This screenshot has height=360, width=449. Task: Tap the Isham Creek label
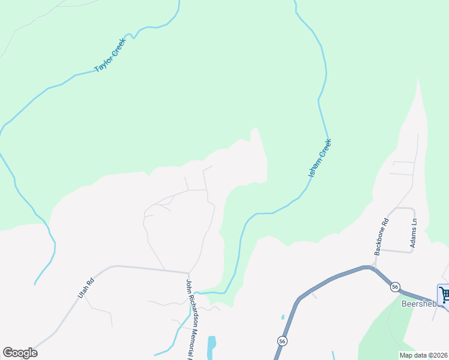320,158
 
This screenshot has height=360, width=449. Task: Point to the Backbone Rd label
381,236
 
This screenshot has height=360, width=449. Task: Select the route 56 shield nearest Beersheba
394,287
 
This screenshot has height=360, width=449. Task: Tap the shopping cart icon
444,295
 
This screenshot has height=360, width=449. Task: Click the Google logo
20,352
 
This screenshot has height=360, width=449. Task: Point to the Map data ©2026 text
423,355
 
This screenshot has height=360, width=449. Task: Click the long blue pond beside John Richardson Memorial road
211,347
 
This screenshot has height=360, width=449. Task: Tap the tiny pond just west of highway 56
282,317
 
